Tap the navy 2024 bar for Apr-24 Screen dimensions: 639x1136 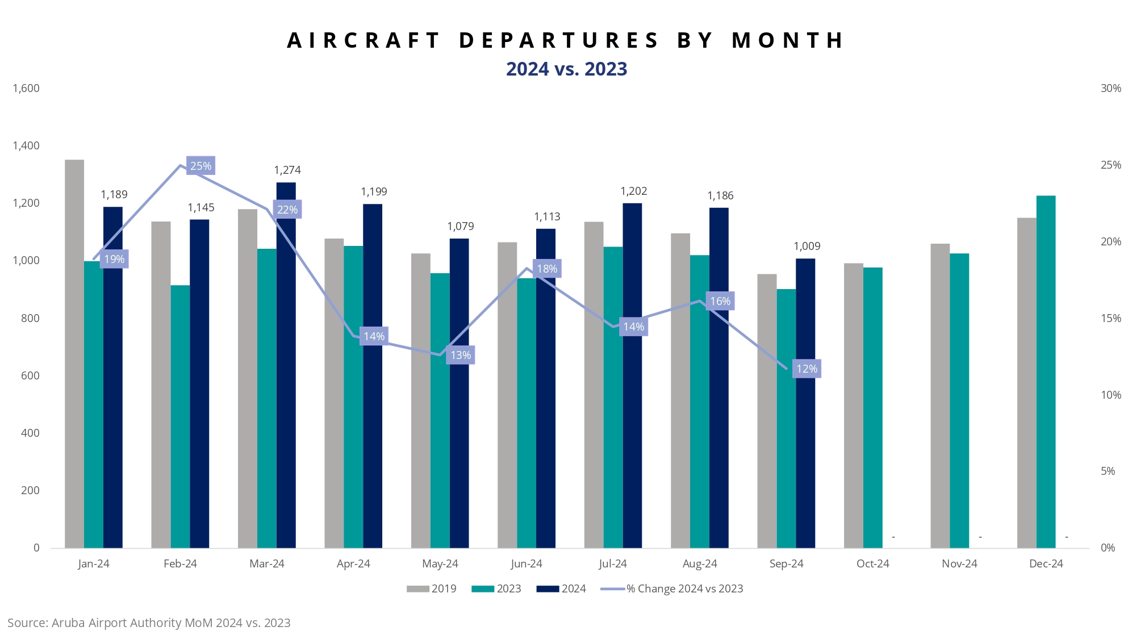(373, 375)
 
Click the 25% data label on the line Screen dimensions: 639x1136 (201, 166)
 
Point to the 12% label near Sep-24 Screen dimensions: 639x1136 (807, 369)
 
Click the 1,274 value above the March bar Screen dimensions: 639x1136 (287, 170)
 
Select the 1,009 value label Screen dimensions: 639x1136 (807, 246)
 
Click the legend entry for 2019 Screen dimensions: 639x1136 (432, 588)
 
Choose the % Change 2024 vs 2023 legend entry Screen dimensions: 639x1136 (673, 588)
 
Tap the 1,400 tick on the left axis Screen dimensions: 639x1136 (26, 146)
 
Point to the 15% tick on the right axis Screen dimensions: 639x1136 (1110, 318)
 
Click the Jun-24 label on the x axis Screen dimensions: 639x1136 (527, 563)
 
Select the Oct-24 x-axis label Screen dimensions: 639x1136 (872, 563)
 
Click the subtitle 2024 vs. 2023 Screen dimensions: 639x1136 (566, 69)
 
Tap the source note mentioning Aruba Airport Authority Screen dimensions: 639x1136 (149, 623)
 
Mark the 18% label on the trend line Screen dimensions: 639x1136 (546, 269)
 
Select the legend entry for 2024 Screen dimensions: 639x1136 (561, 588)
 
